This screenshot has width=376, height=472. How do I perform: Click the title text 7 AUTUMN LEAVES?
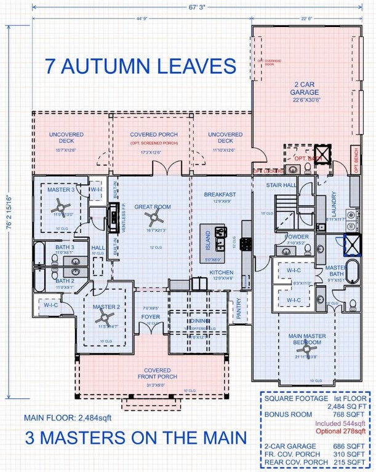pyautogui.click(x=141, y=66)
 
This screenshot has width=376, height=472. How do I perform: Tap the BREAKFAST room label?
pyautogui.click(x=220, y=194)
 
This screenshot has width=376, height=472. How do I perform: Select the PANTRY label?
pyautogui.click(x=238, y=310)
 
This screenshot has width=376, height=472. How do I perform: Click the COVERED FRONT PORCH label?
pyautogui.click(x=158, y=374)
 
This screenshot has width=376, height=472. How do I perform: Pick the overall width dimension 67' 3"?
pyautogui.click(x=188, y=10)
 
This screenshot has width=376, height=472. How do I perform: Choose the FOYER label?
pyautogui.click(x=151, y=317)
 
